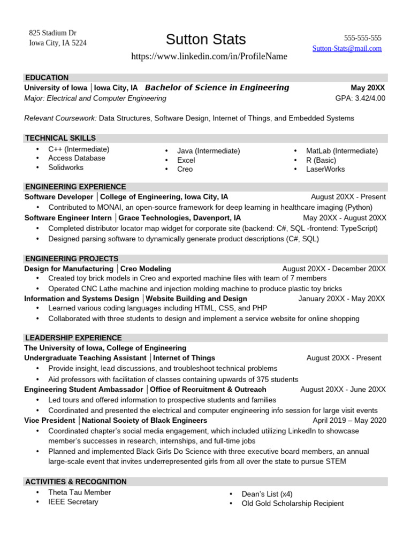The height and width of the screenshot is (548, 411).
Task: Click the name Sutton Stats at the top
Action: click(205, 40)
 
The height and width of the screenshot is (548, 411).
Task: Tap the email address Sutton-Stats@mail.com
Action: click(347, 48)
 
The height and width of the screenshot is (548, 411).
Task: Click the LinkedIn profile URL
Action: click(209, 56)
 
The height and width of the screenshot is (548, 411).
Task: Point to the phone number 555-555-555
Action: click(362, 38)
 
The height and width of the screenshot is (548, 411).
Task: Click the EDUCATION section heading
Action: click(47, 78)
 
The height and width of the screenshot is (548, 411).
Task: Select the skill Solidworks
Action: click(66, 168)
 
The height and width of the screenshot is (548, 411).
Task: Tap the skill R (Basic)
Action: click(321, 160)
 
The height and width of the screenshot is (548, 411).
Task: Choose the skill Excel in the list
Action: click(186, 160)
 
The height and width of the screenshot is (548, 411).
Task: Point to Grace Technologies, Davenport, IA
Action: click(179, 218)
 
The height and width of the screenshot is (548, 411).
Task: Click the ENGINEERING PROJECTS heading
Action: click(71, 258)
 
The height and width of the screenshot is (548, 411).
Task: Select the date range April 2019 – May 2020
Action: click(349, 421)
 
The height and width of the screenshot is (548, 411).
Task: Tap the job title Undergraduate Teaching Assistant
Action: click(85, 358)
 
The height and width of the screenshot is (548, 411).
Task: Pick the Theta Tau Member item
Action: click(80, 492)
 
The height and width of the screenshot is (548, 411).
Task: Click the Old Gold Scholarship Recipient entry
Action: click(292, 504)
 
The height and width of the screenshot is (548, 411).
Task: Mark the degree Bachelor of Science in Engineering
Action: click(217, 88)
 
